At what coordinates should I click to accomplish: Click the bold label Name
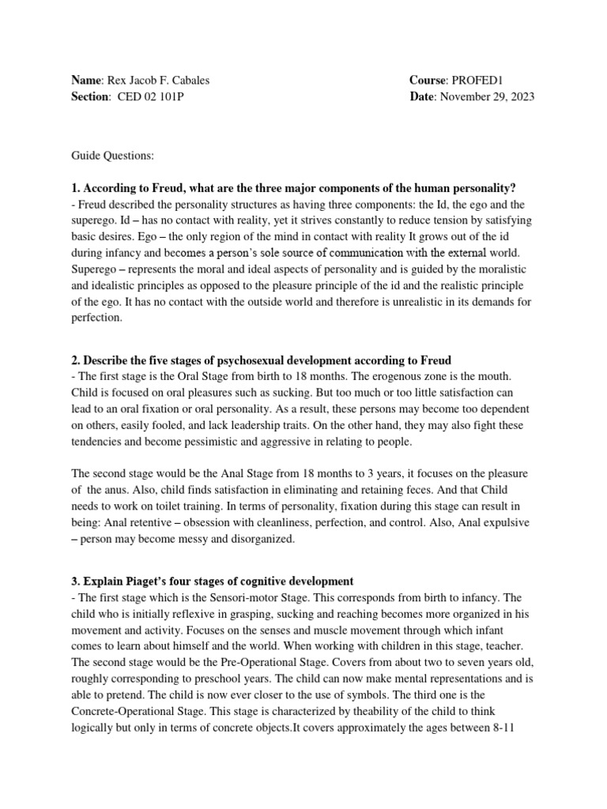coord(87,81)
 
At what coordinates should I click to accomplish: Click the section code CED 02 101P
coord(152,96)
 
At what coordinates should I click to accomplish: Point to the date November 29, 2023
coord(487,96)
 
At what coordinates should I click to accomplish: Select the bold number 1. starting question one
coord(77,187)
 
